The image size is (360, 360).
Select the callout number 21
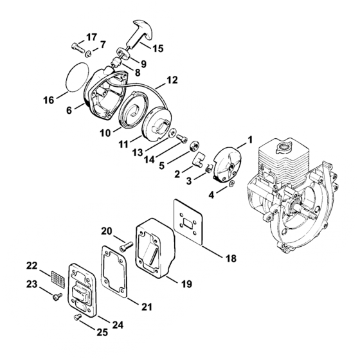pos(147,307)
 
